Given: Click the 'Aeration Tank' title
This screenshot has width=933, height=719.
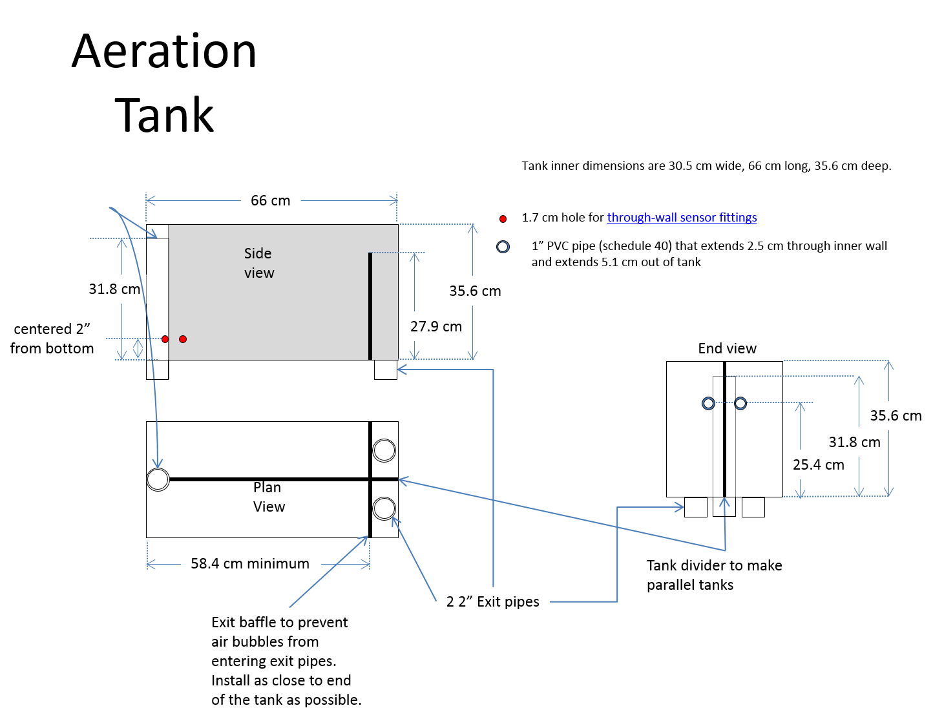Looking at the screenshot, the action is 163,83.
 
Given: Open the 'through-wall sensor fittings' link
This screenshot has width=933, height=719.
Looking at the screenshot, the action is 682,217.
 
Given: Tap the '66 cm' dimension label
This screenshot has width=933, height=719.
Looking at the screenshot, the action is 271,200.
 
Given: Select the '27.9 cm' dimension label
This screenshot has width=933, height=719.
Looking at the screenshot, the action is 435,326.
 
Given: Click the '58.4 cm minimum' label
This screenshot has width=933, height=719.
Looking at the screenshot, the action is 250,563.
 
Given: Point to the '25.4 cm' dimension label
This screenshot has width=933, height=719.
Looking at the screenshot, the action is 819,464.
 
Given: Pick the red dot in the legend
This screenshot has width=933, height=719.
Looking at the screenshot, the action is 503,219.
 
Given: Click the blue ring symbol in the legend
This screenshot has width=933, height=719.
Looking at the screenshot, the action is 503,247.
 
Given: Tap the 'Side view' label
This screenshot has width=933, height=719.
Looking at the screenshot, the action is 259,263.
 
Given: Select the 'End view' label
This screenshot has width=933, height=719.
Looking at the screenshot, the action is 727,348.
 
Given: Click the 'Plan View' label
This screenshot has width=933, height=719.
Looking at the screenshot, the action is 269,497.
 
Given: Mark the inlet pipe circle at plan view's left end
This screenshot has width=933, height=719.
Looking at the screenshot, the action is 158,479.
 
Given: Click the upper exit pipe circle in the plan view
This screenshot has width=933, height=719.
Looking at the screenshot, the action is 384,450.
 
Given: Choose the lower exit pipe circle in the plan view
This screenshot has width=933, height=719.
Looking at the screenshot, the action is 384,508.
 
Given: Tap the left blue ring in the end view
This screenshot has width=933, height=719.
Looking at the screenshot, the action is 708,404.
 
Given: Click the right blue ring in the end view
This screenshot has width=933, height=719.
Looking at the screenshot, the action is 740,404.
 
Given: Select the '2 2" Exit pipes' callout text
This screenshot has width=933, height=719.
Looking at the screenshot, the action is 492,601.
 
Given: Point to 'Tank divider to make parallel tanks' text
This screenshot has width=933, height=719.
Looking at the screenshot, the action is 714,575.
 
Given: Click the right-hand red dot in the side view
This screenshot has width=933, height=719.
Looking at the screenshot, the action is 183,339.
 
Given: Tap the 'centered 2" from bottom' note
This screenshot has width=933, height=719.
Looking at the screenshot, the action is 52,339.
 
